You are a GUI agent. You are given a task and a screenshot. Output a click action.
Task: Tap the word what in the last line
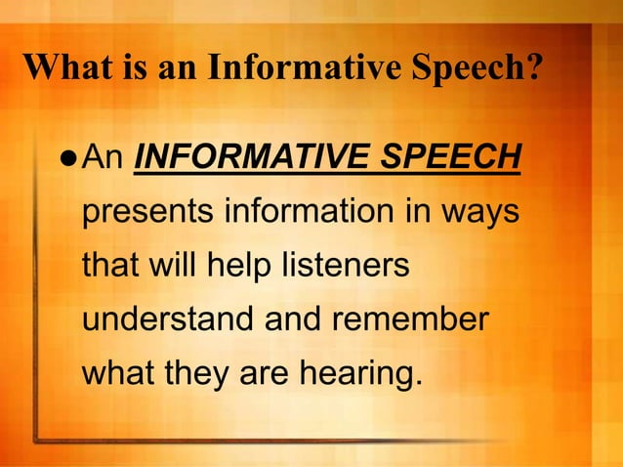(x=117, y=375)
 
